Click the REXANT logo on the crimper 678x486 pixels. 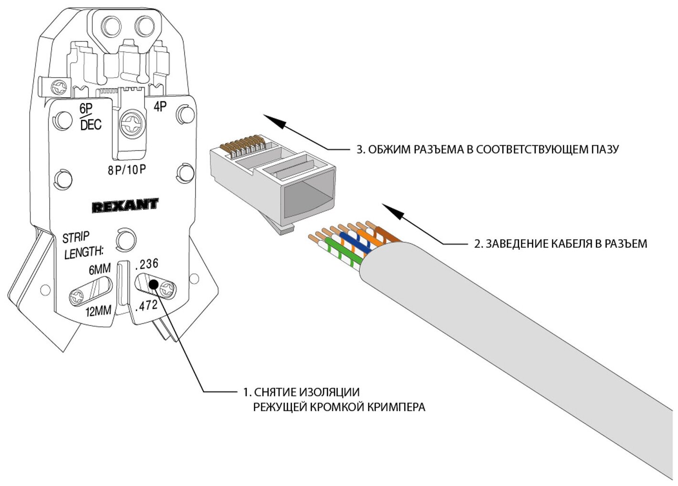[x=125, y=206]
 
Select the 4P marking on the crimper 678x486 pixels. [x=160, y=107]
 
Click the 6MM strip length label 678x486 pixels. [x=100, y=270]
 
